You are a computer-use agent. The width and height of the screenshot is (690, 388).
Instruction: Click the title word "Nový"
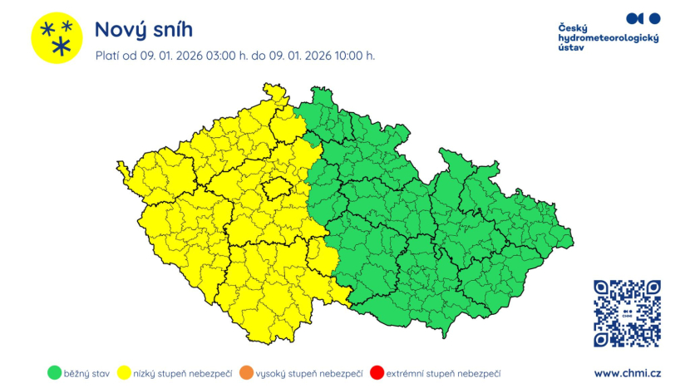[x=120, y=30]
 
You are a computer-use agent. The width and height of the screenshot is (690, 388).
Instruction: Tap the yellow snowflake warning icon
[x=57, y=38]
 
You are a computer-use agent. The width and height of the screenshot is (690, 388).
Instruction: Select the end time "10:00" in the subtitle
[x=342, y=56]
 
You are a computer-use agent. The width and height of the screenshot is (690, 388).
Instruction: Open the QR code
[x=627, y=313]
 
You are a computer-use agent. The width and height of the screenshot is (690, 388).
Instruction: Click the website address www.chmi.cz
[x=627, y=374]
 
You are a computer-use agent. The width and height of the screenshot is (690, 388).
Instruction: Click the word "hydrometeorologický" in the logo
[x=608, y=38]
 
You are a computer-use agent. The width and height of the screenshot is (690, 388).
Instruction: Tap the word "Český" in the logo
[x=573, y=27]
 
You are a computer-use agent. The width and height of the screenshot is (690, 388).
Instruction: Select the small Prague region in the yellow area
[x=275, y=189]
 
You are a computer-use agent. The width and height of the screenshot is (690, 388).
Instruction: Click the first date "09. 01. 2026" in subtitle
[x=170, y=56]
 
